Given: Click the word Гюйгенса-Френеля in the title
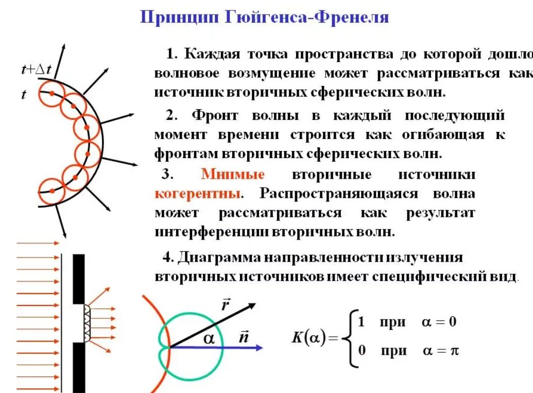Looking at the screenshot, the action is [306, 18].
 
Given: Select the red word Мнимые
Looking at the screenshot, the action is [233, 174].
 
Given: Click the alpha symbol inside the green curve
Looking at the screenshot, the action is [209, 337].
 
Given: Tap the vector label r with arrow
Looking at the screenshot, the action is [225, 305].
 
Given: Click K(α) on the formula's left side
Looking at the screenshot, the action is [308, 338].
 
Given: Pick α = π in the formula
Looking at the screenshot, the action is [441, 351].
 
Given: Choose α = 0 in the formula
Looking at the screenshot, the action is [439, 322].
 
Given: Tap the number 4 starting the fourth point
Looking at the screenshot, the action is [166, 257].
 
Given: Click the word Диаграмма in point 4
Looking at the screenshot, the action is [219, 257].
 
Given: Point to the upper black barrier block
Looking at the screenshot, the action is [78, 278].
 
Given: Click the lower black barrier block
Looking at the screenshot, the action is [78, 367].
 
